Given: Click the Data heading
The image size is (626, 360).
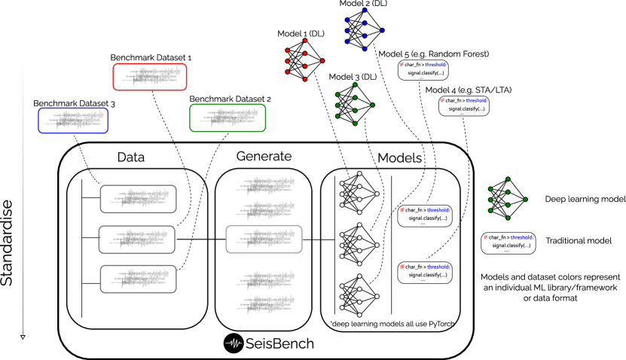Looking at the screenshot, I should point(131,157).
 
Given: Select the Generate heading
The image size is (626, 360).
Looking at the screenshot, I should point(264,156).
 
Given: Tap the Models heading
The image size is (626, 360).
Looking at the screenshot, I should point(400,157).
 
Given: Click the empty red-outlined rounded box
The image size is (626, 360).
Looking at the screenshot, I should point(150,77).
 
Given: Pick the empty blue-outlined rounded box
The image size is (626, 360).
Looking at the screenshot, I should point(73,121).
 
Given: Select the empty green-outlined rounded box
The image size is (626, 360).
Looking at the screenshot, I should point(227,117).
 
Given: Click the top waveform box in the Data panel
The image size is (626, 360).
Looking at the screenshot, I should point(138,199).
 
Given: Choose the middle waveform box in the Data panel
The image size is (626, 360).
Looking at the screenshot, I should point(138,239).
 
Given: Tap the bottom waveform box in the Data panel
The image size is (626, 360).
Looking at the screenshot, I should point(138,279).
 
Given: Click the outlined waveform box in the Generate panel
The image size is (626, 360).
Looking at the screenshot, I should point(264,239).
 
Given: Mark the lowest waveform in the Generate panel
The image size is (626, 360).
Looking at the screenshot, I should point(264,301).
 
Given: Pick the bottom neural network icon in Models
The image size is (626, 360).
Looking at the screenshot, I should point(358,296).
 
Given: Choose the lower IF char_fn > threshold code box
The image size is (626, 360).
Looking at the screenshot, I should point(425,271).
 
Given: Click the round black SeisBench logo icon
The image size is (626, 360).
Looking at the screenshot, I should point(234,343).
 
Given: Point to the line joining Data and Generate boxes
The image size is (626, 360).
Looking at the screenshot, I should point(201,239).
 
